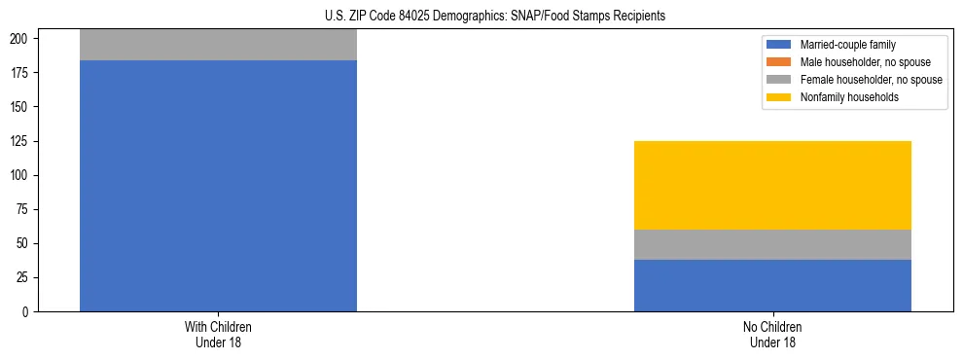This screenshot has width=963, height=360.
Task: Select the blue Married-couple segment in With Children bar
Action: [x=218, y=185]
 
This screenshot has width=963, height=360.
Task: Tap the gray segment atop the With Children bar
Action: [x=218, y=45]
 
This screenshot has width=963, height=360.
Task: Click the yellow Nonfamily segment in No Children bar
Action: [x=772, y=185]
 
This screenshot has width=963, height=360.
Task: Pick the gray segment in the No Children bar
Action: [x=772, y=244]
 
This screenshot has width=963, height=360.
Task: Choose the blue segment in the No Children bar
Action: [x=772, y=285]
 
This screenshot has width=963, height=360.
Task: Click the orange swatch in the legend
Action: [x=779, y=62]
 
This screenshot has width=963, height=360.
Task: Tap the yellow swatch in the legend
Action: [x=779, y=97]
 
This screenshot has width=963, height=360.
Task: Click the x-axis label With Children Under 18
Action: [x=218, y=335]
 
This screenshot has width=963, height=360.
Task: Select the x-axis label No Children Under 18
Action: [x=772, y=335]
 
